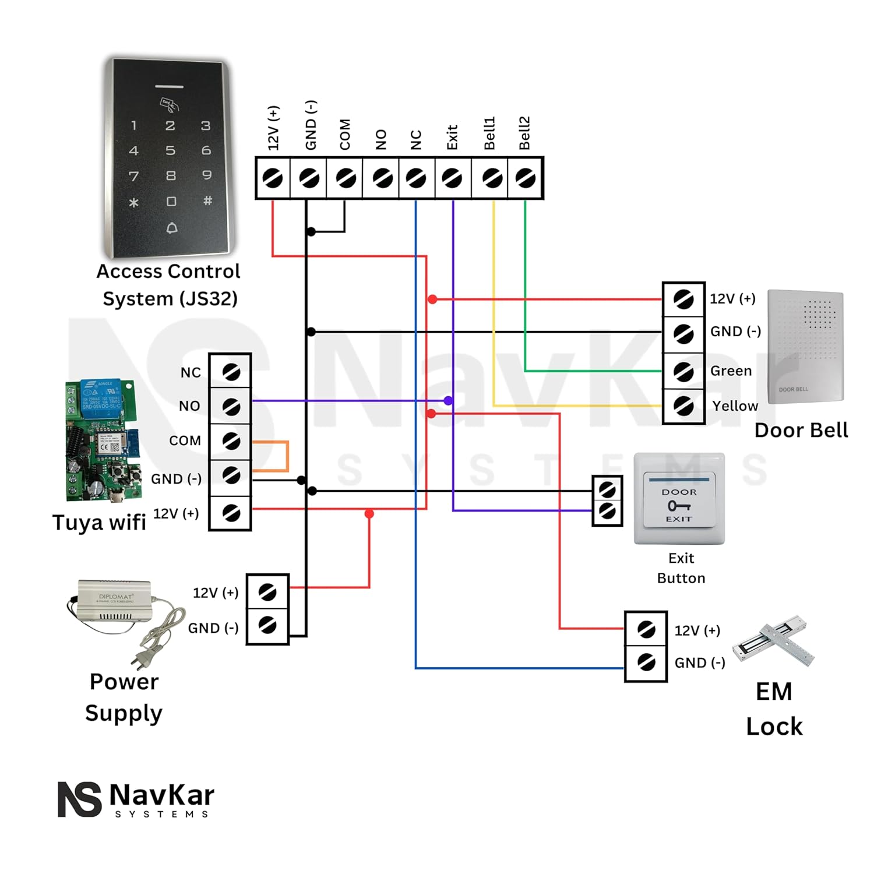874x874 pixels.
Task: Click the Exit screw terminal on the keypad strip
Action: coord(452,178)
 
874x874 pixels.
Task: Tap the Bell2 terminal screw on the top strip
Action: coord(526,178)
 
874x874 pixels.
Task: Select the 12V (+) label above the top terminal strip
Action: coord(273,128)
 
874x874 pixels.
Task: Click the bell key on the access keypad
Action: coord(171,228)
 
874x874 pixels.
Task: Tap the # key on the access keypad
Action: coord(207,200)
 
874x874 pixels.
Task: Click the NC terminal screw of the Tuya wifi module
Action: coord(231,372)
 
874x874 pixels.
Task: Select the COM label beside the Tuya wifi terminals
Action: coord(185,440)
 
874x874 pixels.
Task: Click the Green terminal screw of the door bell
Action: coord(683,371)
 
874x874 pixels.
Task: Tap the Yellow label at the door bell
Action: coord(735,406)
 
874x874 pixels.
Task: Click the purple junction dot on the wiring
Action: coord(448,401)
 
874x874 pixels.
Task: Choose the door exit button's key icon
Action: coord(679,506)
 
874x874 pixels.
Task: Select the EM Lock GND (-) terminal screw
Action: coord(646,662)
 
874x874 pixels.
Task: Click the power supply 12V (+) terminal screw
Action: coord(267,593)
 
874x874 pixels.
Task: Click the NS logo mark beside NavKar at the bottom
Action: coord(80,799)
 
